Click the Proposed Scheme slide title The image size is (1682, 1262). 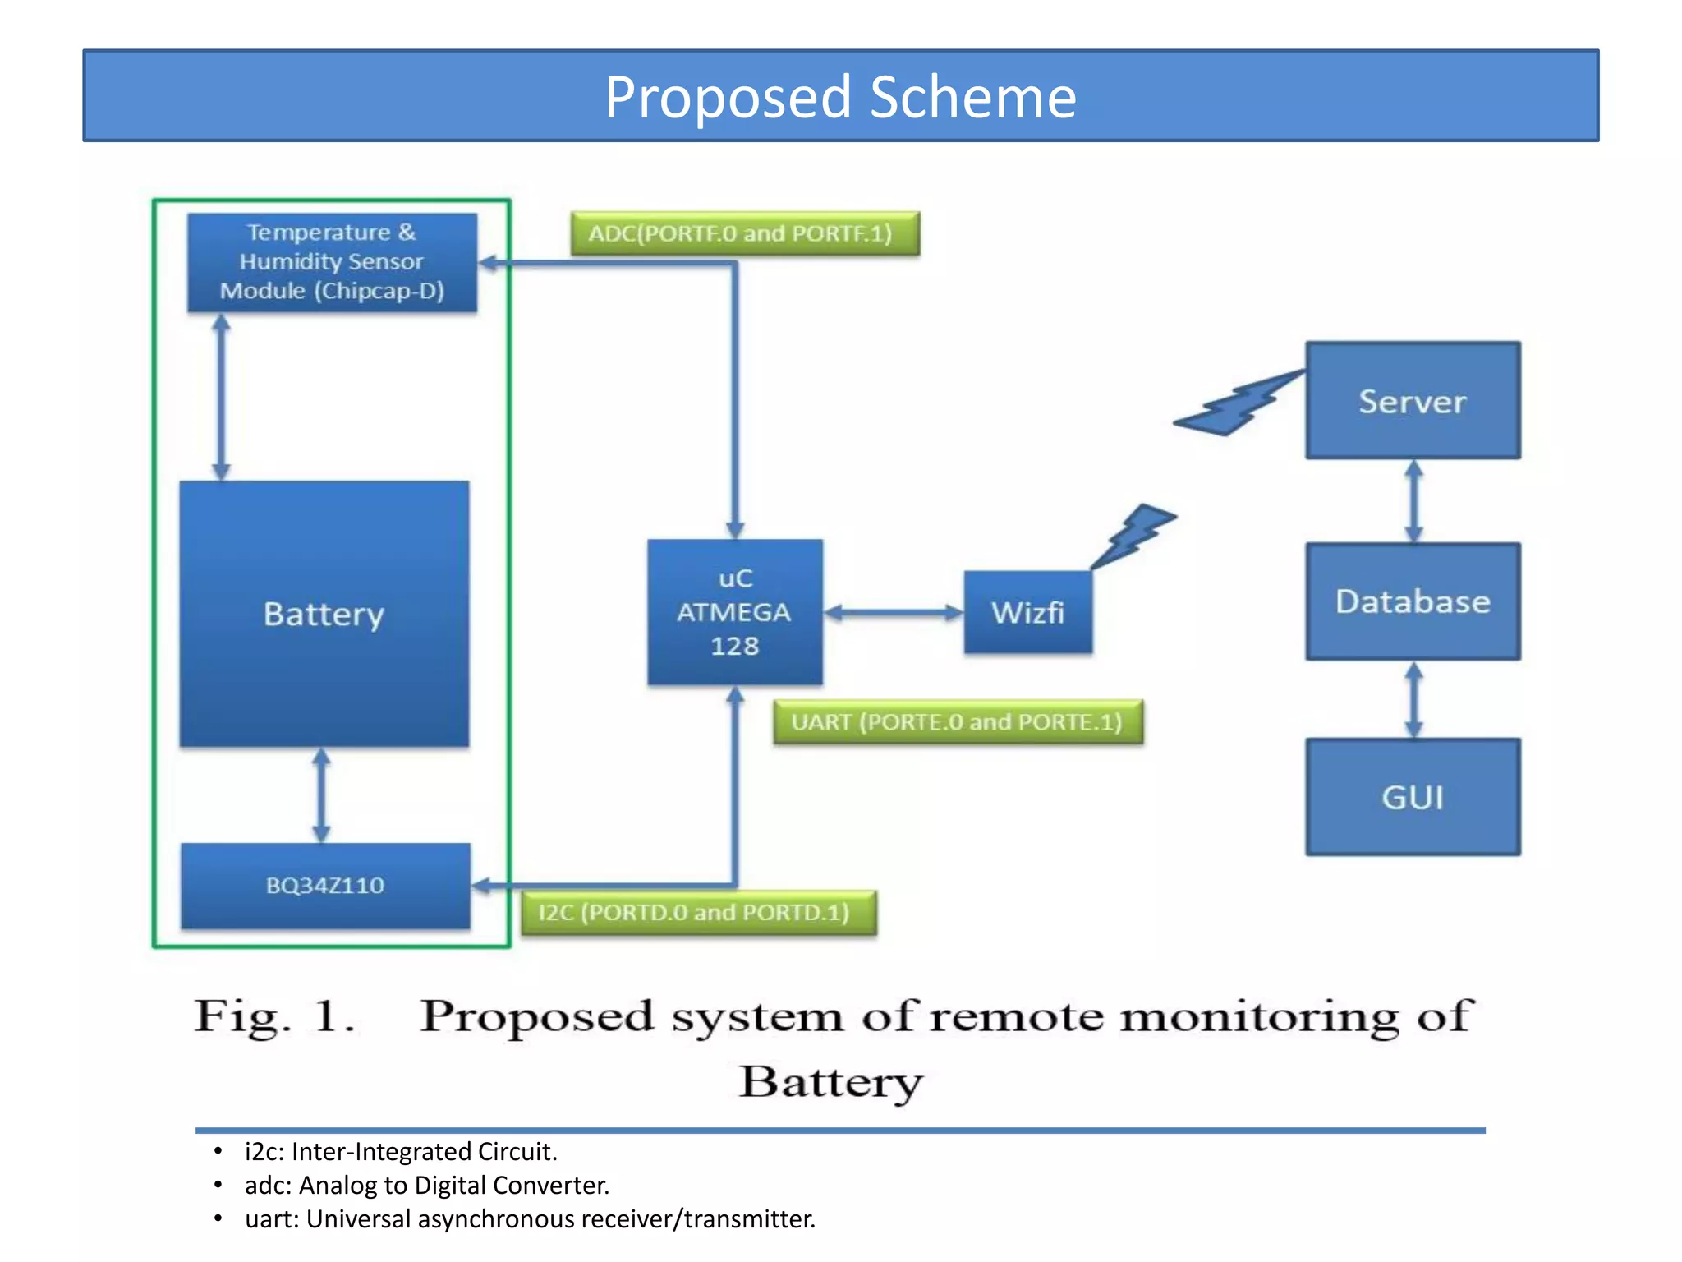(840, 97)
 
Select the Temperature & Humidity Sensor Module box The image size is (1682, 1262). (332, 262)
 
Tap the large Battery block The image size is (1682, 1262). (324, 614)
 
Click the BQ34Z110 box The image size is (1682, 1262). (325, 886)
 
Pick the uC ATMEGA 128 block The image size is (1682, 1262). (734, 612)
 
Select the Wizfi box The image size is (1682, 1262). (1027, 613)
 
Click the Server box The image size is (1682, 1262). (1412, 401)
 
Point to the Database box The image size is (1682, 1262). (1412, 601)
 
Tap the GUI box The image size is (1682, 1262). (1412, 797)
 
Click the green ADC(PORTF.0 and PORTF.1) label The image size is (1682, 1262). (744, 233)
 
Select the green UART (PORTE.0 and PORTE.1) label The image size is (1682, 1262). (957, 722)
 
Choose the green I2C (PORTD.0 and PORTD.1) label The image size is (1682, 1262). (698, 913)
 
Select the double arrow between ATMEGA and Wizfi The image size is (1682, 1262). (893, 613)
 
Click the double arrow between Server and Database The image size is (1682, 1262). (1413, 500)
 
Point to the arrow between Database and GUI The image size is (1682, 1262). (1413, 699)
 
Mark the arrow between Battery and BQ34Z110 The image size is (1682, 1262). (321, 795)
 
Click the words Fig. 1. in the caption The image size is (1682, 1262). (274, 1016)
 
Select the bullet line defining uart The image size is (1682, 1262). (529, 1219)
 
